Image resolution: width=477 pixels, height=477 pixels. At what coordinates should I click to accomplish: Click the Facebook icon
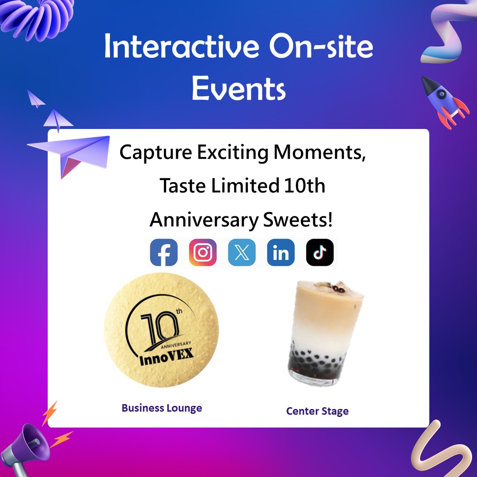(164, 252)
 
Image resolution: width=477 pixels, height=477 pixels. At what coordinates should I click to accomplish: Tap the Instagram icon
(203, 252)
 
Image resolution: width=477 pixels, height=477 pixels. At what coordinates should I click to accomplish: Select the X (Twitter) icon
(242, 252)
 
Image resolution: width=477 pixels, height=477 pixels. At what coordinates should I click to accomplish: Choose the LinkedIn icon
(281, 252)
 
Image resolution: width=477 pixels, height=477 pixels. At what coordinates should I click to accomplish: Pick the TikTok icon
(320, 252)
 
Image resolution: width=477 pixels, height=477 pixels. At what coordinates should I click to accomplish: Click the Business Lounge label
(162, 408)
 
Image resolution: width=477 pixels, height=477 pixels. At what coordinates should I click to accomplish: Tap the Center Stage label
(317, 411)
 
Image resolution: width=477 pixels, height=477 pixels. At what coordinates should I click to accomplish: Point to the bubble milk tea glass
(325, 333)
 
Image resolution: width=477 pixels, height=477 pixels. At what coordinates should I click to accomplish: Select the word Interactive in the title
(182, 46)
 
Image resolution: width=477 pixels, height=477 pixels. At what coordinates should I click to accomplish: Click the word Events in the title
(238, 88)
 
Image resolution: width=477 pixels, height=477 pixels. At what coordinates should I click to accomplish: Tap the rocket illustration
(444, 102)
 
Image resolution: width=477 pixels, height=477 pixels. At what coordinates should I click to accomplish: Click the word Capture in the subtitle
(155, 152)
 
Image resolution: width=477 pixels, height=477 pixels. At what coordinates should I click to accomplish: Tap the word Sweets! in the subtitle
(298, 220)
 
